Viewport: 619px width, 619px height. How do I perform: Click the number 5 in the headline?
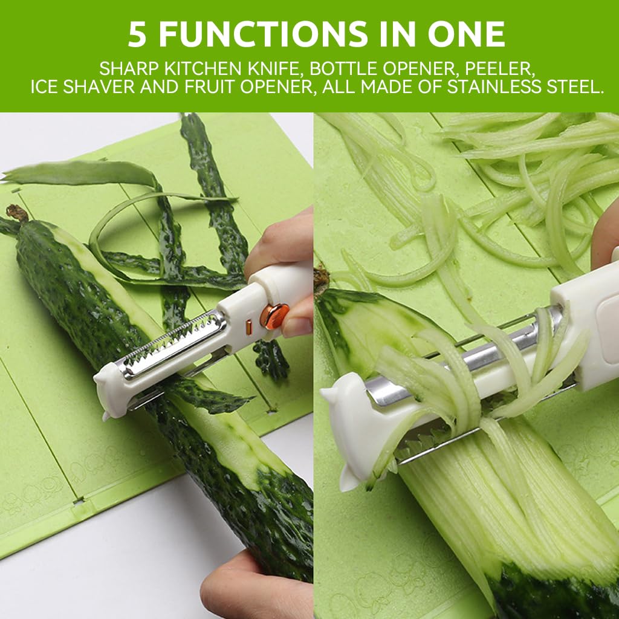point(137,36)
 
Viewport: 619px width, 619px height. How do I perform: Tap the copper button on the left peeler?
point(275,316)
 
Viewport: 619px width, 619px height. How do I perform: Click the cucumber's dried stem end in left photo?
point(16,213)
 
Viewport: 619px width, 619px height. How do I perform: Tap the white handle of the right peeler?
point(586,320)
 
